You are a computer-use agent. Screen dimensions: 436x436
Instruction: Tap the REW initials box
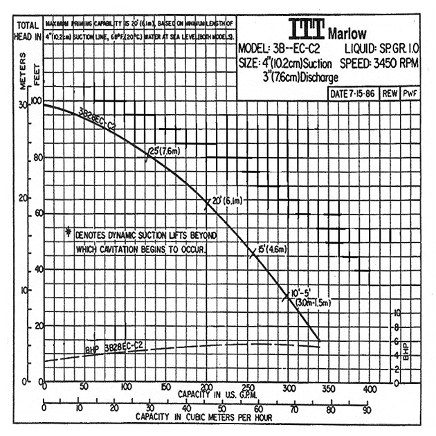pyautogui.click(x=390, y=93)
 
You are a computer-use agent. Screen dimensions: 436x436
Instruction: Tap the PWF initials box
pyautogui.click(x=410, y=93)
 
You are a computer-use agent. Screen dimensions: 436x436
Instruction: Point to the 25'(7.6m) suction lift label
pyautogui.click(x=165, y=150)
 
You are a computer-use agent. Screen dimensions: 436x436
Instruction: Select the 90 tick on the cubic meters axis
pyautogui.click(x=366, y=409)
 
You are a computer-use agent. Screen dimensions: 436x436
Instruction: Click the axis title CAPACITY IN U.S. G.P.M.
pyautogui.click(x=208, y=394)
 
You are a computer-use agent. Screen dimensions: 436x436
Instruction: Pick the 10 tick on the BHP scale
pyautogui.click(x=397, y=313)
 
